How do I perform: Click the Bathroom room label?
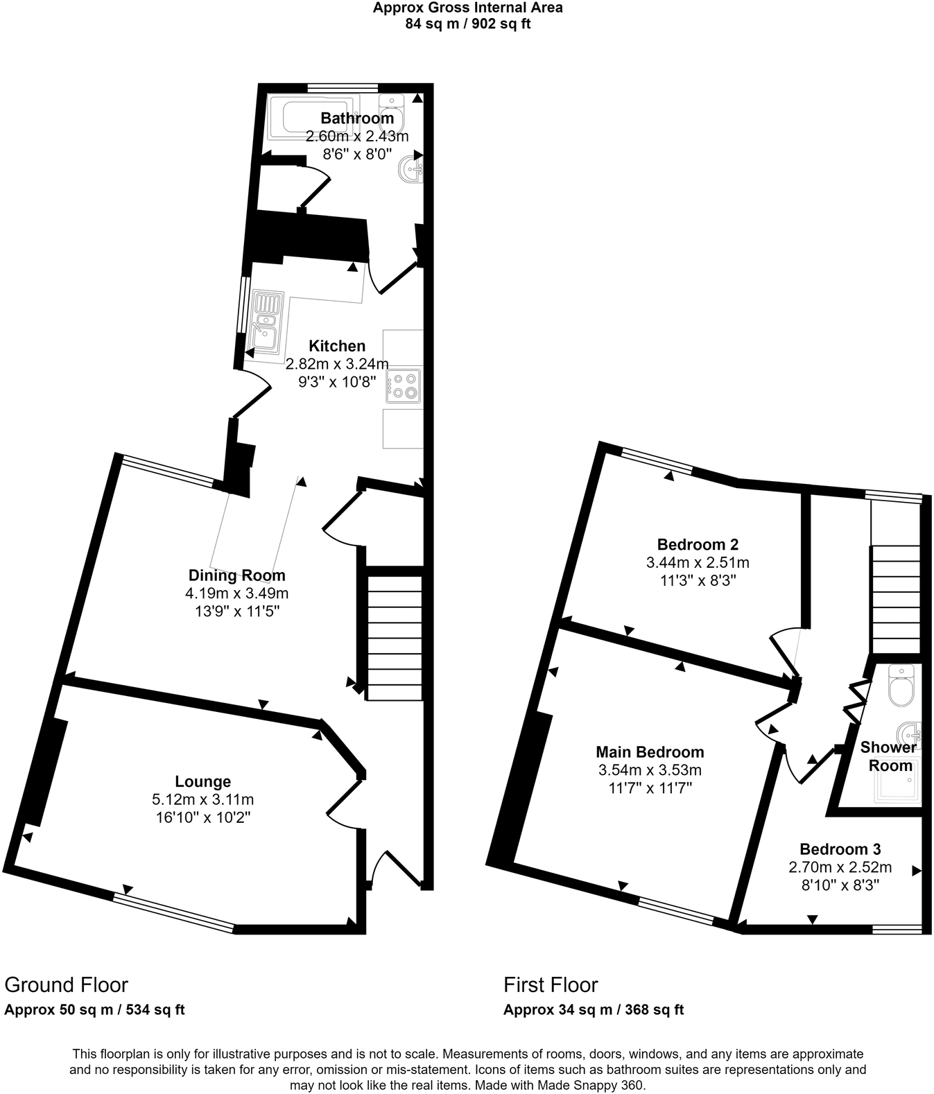click(x=357, y=119)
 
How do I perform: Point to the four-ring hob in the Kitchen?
click(x=404, y=386)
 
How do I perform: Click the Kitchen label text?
click(x=337, y=346)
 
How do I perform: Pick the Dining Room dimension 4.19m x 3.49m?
click(x=236, y=593)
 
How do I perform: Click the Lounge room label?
click(x=202, y=781)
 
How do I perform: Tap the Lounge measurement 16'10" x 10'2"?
click(x=202, y=817)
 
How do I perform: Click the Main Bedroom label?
click(x=650, y=752)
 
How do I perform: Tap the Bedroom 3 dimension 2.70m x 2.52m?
click(x=840, y=867)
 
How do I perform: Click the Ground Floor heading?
click(x=67, y=984)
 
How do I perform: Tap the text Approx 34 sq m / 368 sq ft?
click(x=594, y=1009)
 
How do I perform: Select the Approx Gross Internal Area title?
click(x=467, y=8)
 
